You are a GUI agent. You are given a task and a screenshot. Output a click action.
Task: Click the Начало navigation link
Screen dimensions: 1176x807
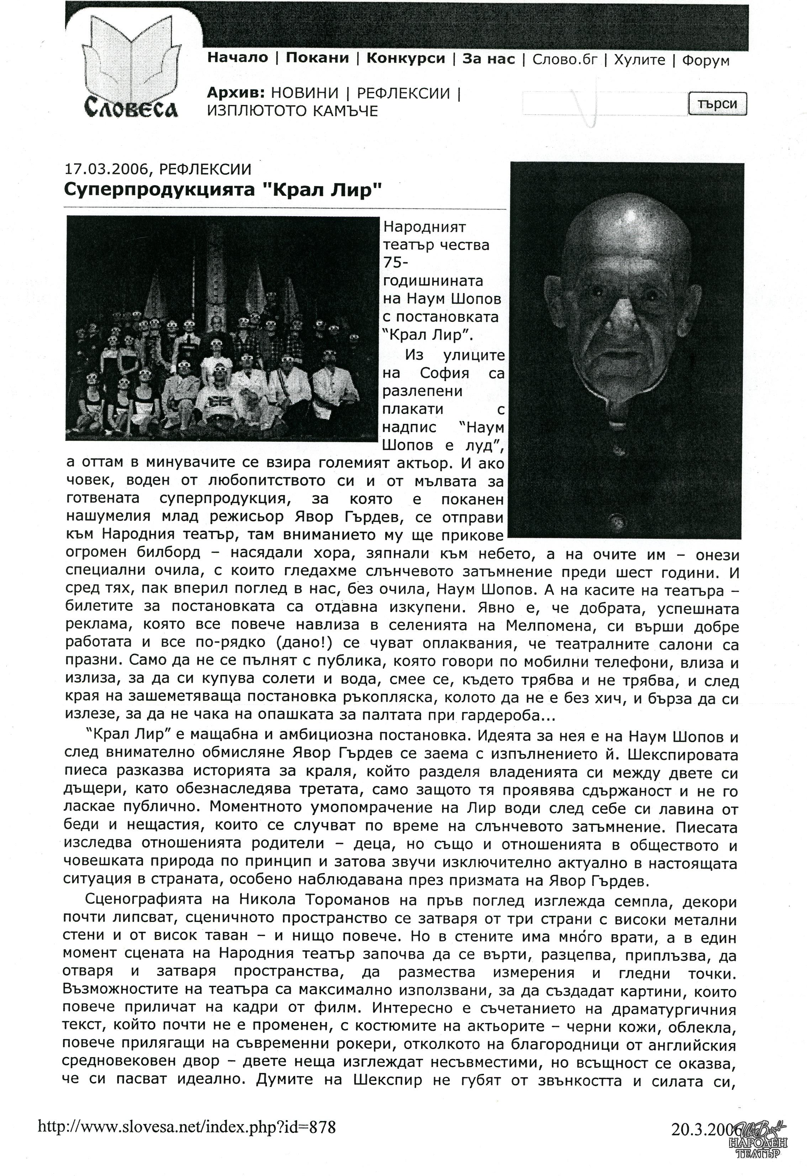(x=237, y=58)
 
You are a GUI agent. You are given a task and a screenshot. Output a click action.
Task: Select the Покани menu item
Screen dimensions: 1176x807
(x=317, y=58)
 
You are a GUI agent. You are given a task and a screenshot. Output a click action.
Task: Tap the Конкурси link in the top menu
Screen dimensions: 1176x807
(x=405, y=58)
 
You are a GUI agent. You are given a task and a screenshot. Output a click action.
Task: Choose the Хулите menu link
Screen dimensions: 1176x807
(x=639, y=60)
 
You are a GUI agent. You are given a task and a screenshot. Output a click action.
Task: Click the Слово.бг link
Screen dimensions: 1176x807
(x=565, y=60)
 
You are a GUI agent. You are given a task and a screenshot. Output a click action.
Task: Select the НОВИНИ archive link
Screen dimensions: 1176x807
(x=305, y=93)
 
